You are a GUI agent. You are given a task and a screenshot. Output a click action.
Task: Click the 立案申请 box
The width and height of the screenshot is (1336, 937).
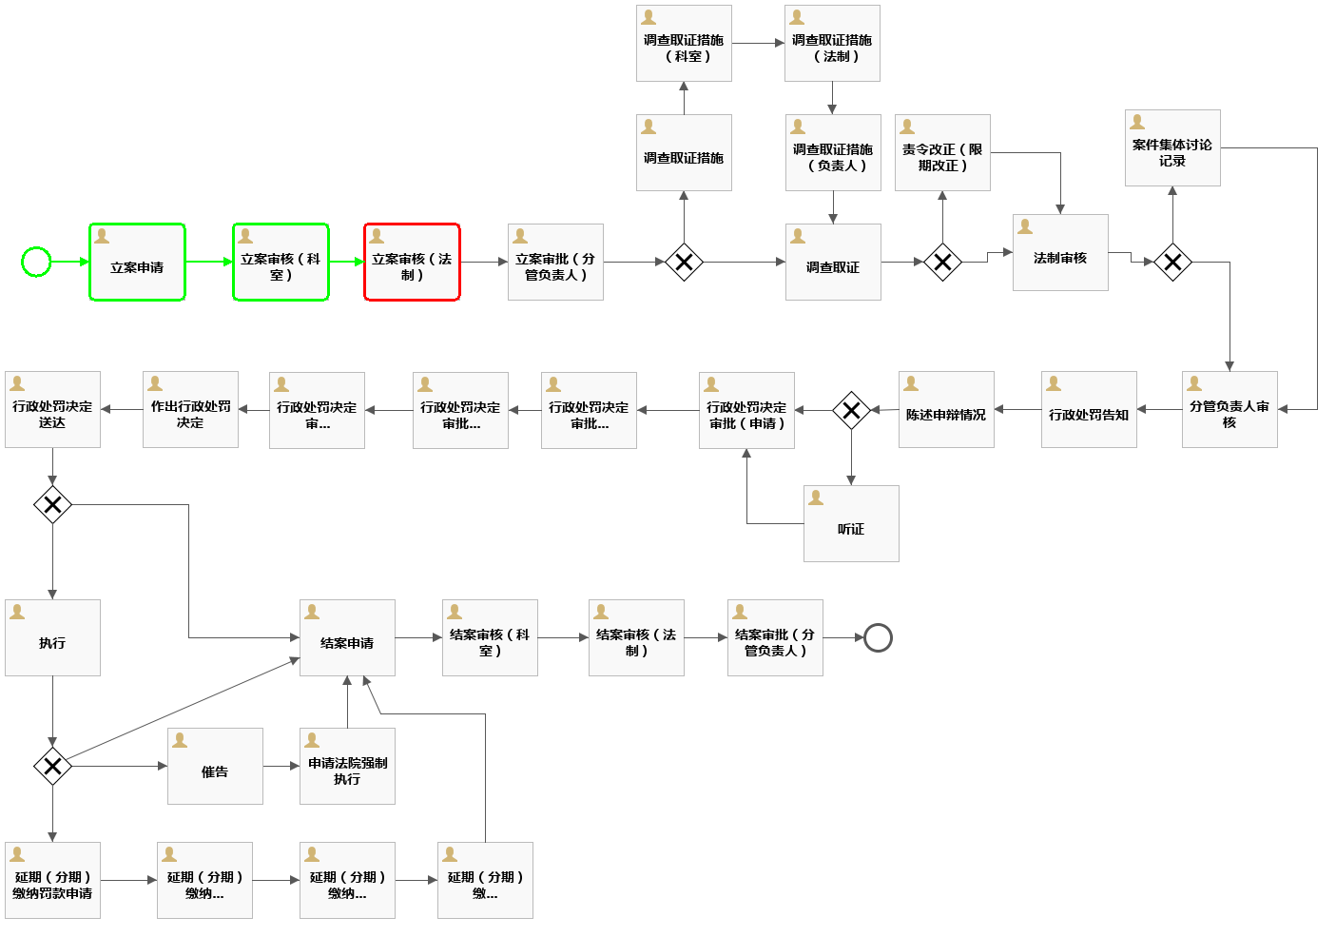[137, 263]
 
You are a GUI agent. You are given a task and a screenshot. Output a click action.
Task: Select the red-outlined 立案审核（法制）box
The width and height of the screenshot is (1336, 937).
[412, 263]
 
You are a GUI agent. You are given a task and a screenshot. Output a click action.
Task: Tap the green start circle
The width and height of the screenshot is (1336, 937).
[36, 262]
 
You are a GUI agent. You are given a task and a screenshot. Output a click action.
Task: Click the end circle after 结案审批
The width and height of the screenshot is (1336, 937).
[878, 637]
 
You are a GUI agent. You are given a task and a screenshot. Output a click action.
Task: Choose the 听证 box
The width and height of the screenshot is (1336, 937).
[851, 524]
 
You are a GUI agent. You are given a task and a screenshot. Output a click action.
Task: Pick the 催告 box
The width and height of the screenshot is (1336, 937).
[215, 767]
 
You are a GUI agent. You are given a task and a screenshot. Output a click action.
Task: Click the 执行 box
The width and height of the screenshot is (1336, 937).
[52, 638]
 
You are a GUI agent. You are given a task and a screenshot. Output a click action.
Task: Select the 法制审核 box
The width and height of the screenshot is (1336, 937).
[1060, 253]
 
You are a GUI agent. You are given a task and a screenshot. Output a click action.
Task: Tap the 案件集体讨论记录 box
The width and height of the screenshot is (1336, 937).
[1172, 148]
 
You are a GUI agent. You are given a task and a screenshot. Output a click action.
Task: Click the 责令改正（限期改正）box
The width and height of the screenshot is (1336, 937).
[942, 153]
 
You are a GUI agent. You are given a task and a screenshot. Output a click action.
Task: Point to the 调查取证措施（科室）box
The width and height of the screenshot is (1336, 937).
[684, 44]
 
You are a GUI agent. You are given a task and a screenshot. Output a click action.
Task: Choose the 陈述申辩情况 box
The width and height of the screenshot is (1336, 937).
[946, 410]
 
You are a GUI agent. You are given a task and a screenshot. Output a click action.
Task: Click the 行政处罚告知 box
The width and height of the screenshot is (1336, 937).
[1089, 410]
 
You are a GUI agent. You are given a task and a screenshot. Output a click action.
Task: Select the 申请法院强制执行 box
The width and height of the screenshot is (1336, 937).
[347, 767]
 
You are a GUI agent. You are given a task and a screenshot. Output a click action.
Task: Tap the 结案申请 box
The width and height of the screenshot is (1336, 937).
[347, 638]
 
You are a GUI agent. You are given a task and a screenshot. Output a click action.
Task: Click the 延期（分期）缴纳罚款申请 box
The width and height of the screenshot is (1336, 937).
[52, 881]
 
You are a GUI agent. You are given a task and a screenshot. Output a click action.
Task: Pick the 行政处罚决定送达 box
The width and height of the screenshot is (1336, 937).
[52, 410]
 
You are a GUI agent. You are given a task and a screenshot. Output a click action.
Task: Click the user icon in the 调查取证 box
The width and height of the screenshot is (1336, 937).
[798, 236]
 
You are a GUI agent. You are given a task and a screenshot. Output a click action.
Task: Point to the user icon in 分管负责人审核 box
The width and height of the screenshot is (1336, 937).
[1194, 383]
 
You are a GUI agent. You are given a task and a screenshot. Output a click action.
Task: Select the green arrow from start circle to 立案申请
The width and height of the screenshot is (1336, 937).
[69, 262]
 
